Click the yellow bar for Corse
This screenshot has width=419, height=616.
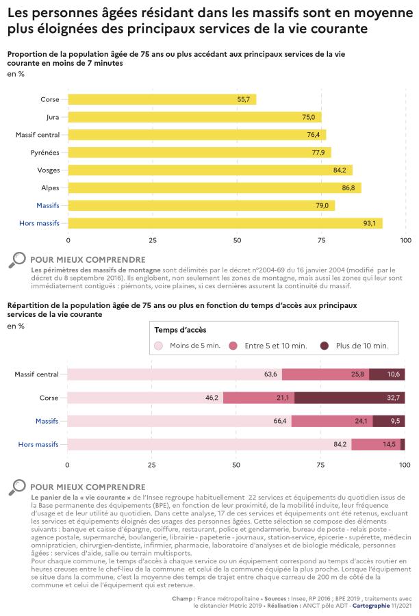pyautogui.click(x=162, y=99)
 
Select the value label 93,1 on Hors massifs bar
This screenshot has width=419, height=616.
pyautogui.click(x=369, y=223)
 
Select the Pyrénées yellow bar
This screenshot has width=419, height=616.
pyautogui.click(x=199, y=152)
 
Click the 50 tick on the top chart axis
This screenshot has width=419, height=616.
pyautogui.click(x=237, y=240)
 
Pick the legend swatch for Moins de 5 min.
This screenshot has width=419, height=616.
pyautogui.click(x=159, y=346)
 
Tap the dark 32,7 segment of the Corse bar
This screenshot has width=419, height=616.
pyautogui.click(x=349, y=398)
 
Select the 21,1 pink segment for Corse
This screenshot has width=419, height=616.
pyautogui.click(x=259, y=398)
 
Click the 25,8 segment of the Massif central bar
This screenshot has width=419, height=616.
pyautogui.click(x=325, y=374)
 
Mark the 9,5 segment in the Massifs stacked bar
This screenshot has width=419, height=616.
pyautogui.click(x=389, y=421)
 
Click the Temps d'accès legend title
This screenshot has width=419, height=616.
pyautogui.click(x=180, y=330)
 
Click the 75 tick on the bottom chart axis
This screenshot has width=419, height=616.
pyautogui.click(x=320, y=464)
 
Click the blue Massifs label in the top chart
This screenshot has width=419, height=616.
pyautogui.click(x=48, y=205)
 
